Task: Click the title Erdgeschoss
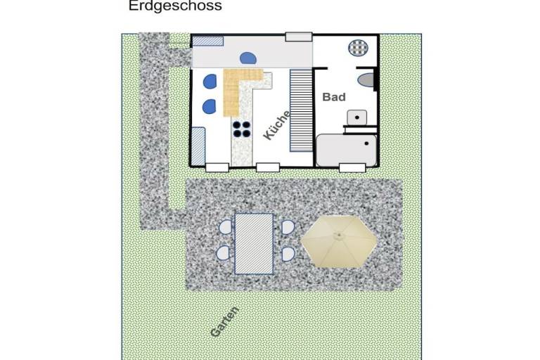175,6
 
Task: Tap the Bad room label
334,97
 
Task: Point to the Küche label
277,125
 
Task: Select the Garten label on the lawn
224,321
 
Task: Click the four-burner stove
241,129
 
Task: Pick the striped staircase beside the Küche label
301,110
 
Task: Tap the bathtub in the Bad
346,150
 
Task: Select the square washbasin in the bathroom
356,117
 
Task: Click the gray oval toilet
366,80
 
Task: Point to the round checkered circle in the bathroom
358,48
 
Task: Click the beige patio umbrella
339,241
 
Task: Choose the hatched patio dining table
254,244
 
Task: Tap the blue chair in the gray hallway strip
248,58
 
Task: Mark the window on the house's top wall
299,37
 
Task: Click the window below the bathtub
352,168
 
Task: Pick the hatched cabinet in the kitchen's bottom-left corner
198,146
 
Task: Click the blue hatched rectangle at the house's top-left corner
207,41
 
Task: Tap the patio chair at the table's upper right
288,227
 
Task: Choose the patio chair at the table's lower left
224,253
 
